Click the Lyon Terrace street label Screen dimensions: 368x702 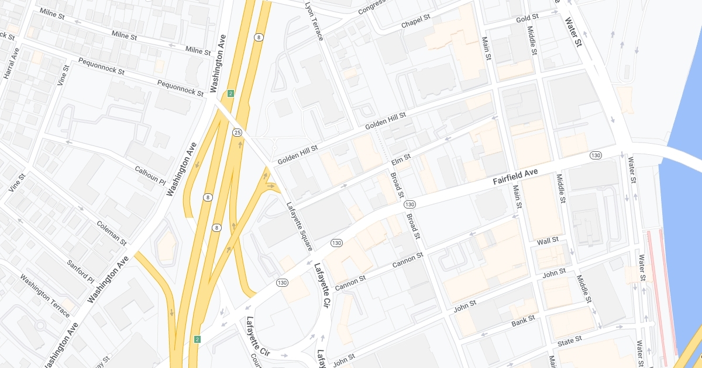coord(314,20)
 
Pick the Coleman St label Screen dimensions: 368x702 coord(111,232)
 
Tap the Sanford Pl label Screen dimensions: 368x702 coord(80,270)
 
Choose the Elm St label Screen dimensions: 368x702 coord(401,158)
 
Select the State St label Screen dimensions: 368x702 coord(570,339)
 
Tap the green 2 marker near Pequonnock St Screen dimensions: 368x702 coord(230,93)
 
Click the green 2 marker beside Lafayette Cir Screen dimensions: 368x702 coord(198,339)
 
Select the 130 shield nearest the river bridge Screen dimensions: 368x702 coord(596,155)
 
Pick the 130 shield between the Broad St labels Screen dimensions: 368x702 coord(409,204)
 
